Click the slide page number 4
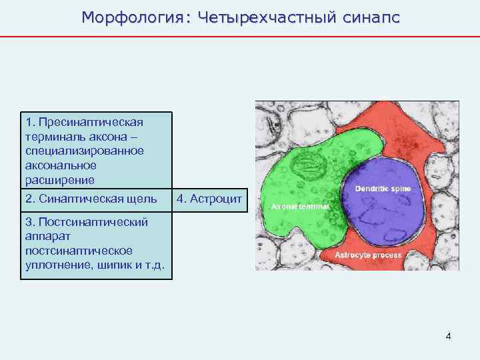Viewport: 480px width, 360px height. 449,336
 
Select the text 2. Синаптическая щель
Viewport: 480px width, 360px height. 91,199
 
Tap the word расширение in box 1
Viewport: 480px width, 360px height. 59,180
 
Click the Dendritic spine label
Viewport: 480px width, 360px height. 383,189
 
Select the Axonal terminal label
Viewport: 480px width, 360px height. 300,207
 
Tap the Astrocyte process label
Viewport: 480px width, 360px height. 368,255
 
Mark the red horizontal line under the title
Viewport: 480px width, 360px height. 240,36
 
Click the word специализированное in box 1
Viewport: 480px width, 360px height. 83,151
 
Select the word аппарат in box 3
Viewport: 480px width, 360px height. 45,236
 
